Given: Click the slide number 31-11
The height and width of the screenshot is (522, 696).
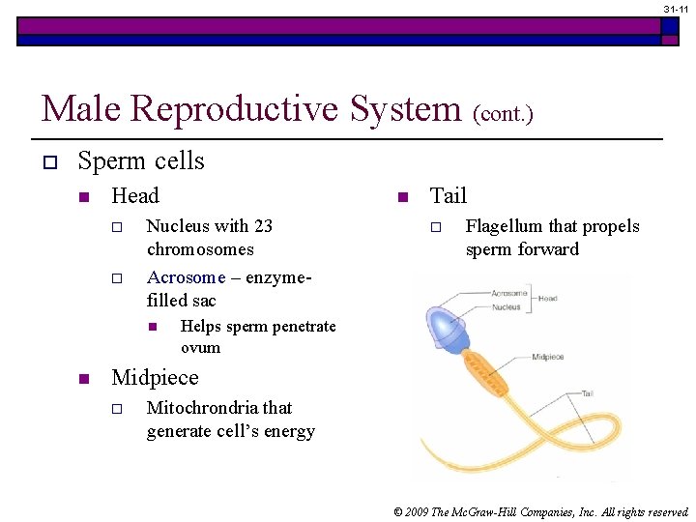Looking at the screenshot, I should pyautogui.click(x=676, y=8).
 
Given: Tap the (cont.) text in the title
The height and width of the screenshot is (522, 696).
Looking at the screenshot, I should pyautogui.click(x=503, y=113).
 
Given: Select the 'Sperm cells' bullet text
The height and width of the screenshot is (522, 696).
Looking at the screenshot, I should pyautogui.click(x=141, y=160).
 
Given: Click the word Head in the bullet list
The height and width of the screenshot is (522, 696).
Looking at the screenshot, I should pyautogui.click(x=135, y=196).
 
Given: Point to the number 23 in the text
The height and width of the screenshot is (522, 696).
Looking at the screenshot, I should pyautogui.click(x=263, y=226).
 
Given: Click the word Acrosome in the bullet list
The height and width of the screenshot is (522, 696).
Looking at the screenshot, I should pyautogui.click(x=186, y=277).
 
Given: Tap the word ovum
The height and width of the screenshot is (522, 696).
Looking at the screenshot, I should pyautogui.click(x=200, y=348).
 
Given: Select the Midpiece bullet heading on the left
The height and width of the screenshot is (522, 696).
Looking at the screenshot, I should pyautogui.click(x=155, y=378).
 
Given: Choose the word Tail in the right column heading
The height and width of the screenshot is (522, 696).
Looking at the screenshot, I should pyautogui.click(x=448, y=196).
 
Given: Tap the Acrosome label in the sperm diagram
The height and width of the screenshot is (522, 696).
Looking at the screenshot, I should pyautogui.click(x=508, y=293).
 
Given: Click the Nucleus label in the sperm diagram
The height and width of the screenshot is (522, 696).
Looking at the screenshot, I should pyautogui.click(x=507, y=306).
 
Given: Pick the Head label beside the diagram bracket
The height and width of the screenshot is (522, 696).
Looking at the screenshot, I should pyautogui.click(x=547, y=299).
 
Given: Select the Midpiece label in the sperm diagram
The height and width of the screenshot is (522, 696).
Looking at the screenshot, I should pyautogui.click(x=548, y=357).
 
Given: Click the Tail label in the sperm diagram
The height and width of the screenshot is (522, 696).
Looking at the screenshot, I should pyautogui.click(x=588, y=393).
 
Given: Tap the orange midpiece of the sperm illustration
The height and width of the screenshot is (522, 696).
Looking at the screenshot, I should pyautogui.click(x=482, y=366).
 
